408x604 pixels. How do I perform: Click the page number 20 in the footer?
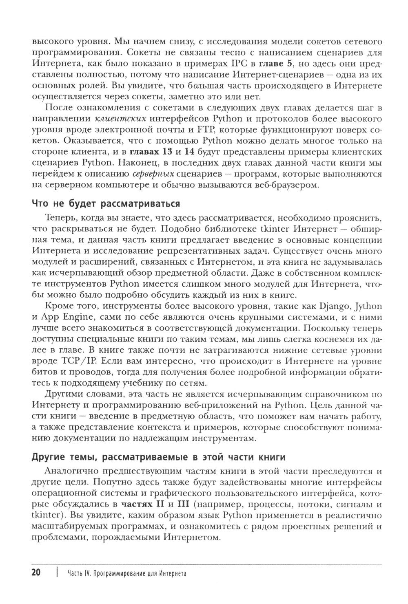pos(35,573)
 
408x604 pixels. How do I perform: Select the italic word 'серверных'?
pos(153,174)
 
